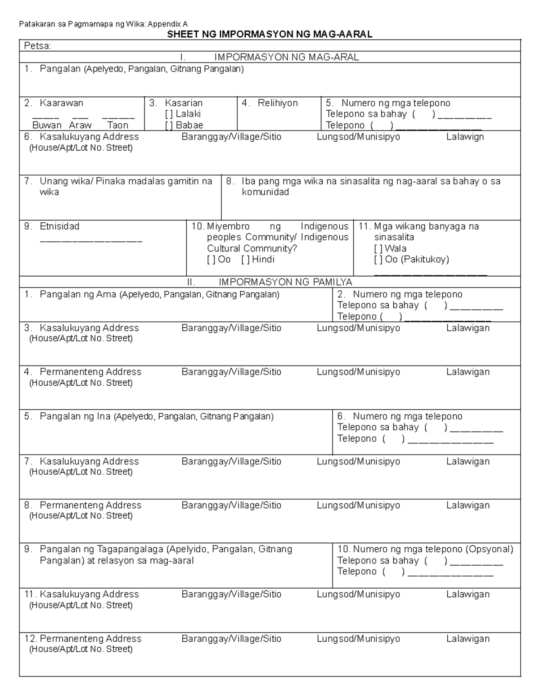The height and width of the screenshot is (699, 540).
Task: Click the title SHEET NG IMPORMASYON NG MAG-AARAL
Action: (270, 35)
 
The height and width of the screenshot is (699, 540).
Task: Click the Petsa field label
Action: (37, 46)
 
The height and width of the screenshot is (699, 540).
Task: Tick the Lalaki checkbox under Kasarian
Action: (169, 114)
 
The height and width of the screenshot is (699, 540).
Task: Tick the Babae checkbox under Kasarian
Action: (169, 126)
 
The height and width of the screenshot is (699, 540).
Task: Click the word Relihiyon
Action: (278, 103)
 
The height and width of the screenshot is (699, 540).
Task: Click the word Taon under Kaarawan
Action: (118, 126)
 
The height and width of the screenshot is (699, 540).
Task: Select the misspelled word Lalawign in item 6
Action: (465, 137)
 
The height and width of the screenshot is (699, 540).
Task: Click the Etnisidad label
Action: (59, 226)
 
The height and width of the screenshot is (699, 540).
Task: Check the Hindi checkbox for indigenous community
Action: (245, 260)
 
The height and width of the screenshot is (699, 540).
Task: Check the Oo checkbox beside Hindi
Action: (211, 260)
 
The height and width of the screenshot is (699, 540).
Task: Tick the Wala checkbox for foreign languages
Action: (378, 248)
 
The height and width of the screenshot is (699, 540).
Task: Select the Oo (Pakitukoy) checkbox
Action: (378, 260)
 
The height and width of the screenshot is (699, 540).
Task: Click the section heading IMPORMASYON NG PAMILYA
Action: (285, 282)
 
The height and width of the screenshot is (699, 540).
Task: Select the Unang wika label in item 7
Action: (65, 181)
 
